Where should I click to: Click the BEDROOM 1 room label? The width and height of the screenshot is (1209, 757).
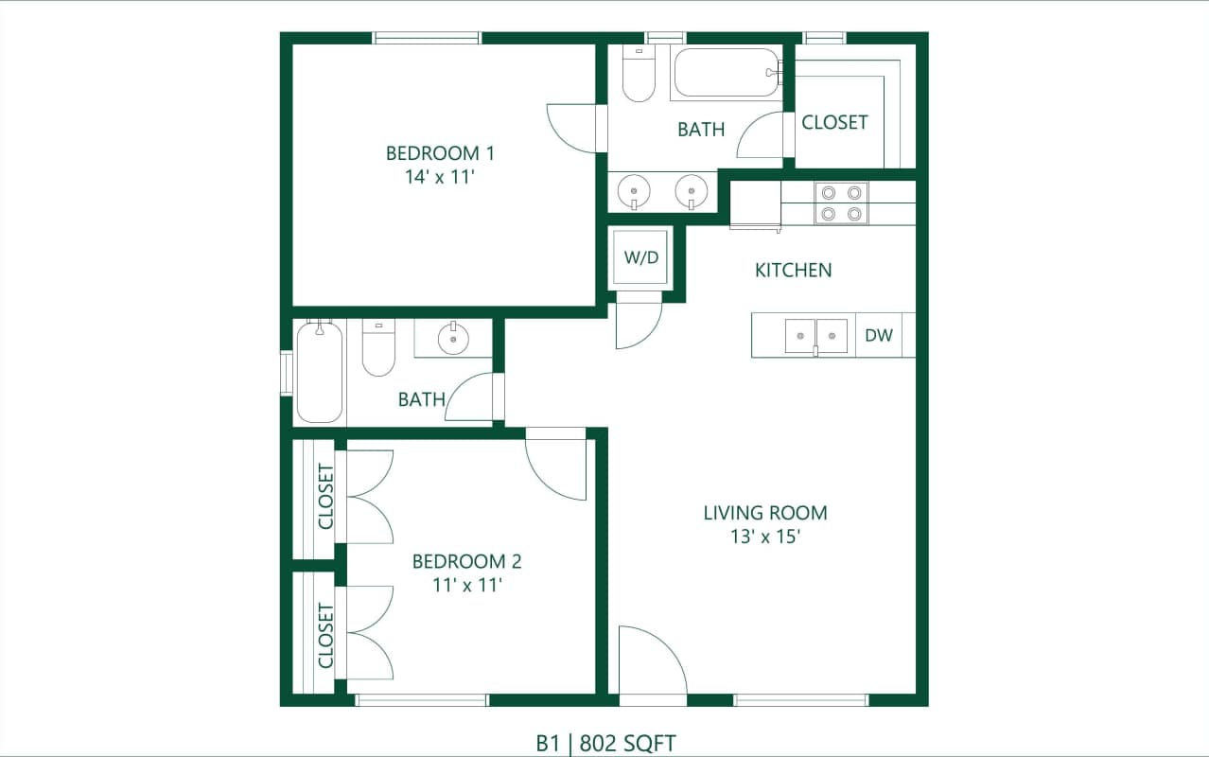point(440,153)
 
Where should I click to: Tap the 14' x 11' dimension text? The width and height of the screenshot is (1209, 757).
point(440,177)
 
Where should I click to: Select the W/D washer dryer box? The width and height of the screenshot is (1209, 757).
point(640,257)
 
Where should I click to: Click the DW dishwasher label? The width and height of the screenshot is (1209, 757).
point(879,335)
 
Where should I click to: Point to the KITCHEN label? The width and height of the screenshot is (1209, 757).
point(793,271)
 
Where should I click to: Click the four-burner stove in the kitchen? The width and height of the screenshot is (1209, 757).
point(841,203)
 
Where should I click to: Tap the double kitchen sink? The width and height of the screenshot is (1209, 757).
point(815,336)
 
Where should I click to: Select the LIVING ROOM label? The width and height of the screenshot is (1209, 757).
point(764,513)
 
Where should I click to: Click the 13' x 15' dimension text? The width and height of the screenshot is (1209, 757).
point(764,537)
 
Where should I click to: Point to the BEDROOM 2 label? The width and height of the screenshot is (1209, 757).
point(466,561)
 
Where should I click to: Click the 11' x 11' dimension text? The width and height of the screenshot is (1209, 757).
point(466,585)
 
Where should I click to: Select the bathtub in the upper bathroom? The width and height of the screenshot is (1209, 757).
point(726,73)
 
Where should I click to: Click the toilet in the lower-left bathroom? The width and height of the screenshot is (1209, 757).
point(378,349)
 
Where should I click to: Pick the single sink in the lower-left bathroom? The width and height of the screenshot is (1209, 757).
point(453,337)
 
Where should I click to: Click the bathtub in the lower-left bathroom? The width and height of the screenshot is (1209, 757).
point(319,372)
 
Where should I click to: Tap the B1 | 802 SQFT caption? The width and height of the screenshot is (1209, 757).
point(605,743)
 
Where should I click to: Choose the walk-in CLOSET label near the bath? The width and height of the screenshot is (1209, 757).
point(834,122)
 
